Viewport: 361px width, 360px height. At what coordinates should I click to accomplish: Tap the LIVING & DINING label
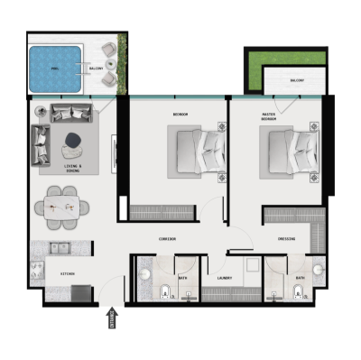coord(73,168)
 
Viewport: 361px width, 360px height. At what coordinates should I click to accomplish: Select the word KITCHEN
coord(67,272)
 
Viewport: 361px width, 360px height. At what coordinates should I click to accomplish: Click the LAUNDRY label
coord(225,278)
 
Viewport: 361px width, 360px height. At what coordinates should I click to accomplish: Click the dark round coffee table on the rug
coord(73,139)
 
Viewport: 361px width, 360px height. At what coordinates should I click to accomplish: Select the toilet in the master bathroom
coord(298,291)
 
